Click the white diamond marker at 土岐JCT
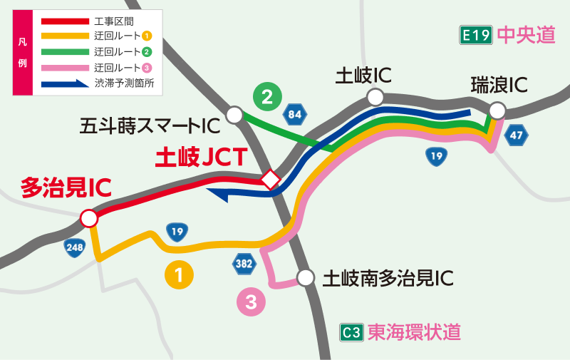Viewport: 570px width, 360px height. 270,180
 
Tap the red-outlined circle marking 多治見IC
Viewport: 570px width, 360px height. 89,218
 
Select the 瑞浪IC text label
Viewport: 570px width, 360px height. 499,86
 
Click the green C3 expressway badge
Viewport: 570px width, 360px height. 352,332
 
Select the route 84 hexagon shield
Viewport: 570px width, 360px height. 295,114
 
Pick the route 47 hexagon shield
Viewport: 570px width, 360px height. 517,135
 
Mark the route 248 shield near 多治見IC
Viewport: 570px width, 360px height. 75,247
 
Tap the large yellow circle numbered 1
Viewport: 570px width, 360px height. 180,275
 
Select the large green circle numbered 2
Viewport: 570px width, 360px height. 267,97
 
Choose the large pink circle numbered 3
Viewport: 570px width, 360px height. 251,302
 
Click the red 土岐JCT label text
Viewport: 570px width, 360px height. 201,155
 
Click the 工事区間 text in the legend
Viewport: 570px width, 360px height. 114,21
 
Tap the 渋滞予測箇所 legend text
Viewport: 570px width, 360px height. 124,83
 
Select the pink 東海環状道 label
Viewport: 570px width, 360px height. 414,332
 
